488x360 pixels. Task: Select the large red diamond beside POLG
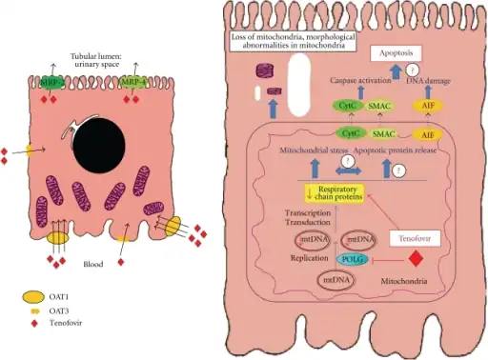click(x=416, y=259)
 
